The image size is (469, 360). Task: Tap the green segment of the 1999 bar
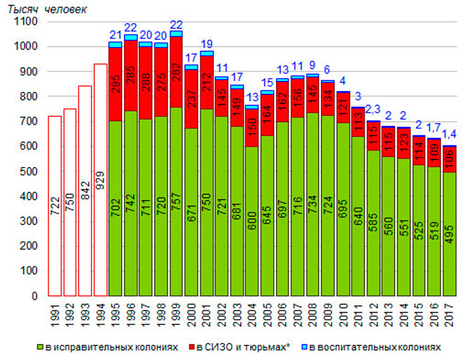[176, 201]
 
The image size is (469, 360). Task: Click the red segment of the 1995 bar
[115, 84]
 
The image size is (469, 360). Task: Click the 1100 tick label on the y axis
[27, 22]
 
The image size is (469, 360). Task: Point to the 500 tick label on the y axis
[29, 172]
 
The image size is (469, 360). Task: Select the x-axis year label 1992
[70, 310]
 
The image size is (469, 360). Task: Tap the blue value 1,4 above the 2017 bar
[450, 135]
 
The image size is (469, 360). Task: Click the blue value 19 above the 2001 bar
[207, 44]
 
